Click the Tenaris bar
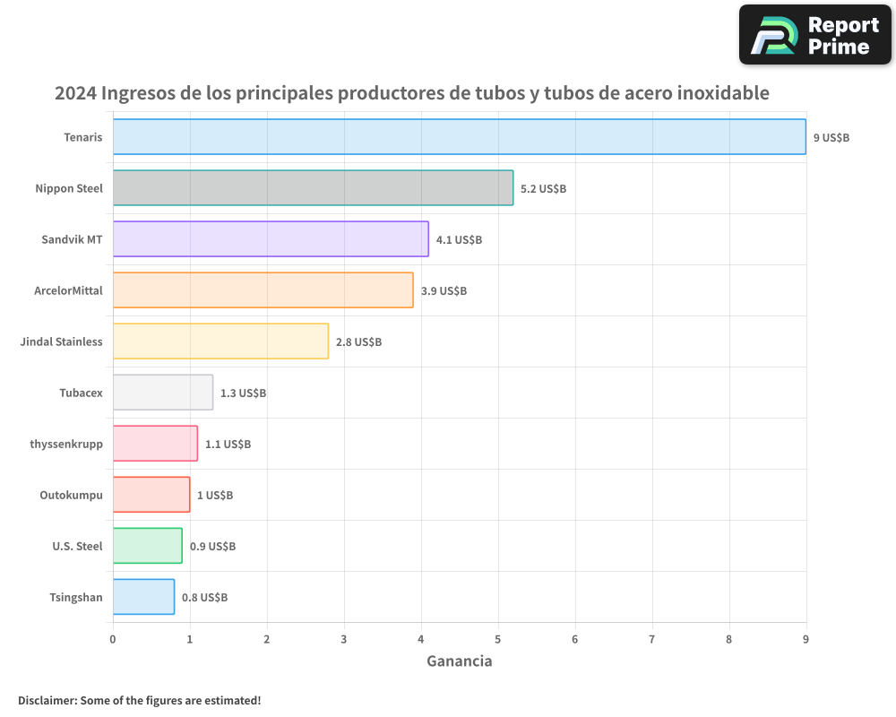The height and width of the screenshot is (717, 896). point(459,137)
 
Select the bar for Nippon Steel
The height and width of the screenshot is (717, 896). point(313,188)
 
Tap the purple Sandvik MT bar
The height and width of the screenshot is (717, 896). point(271,239)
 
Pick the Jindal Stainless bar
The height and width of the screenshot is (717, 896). point(220,341)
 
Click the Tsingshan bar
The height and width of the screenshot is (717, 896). point(143,597)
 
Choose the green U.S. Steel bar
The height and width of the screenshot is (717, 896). point(147,546)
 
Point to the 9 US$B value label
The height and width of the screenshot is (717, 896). point(831,138)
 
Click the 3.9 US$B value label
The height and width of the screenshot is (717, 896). point(444,291)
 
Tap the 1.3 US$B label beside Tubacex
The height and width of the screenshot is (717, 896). point(243,393)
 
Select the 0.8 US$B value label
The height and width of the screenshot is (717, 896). point(204,598)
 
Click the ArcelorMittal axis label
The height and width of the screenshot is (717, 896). point(68,291)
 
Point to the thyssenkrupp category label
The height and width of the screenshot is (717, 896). point(66,445)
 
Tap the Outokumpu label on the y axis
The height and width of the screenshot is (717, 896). point(71,496)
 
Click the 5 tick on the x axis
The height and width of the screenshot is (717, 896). point(498,640)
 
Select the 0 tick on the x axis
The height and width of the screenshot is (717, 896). point(113,640)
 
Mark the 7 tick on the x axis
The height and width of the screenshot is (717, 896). point(652,640)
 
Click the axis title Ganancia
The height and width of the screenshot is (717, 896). point(459,661)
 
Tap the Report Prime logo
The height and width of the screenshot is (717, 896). point(814,35)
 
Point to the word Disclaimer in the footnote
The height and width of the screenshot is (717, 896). point(47,700)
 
